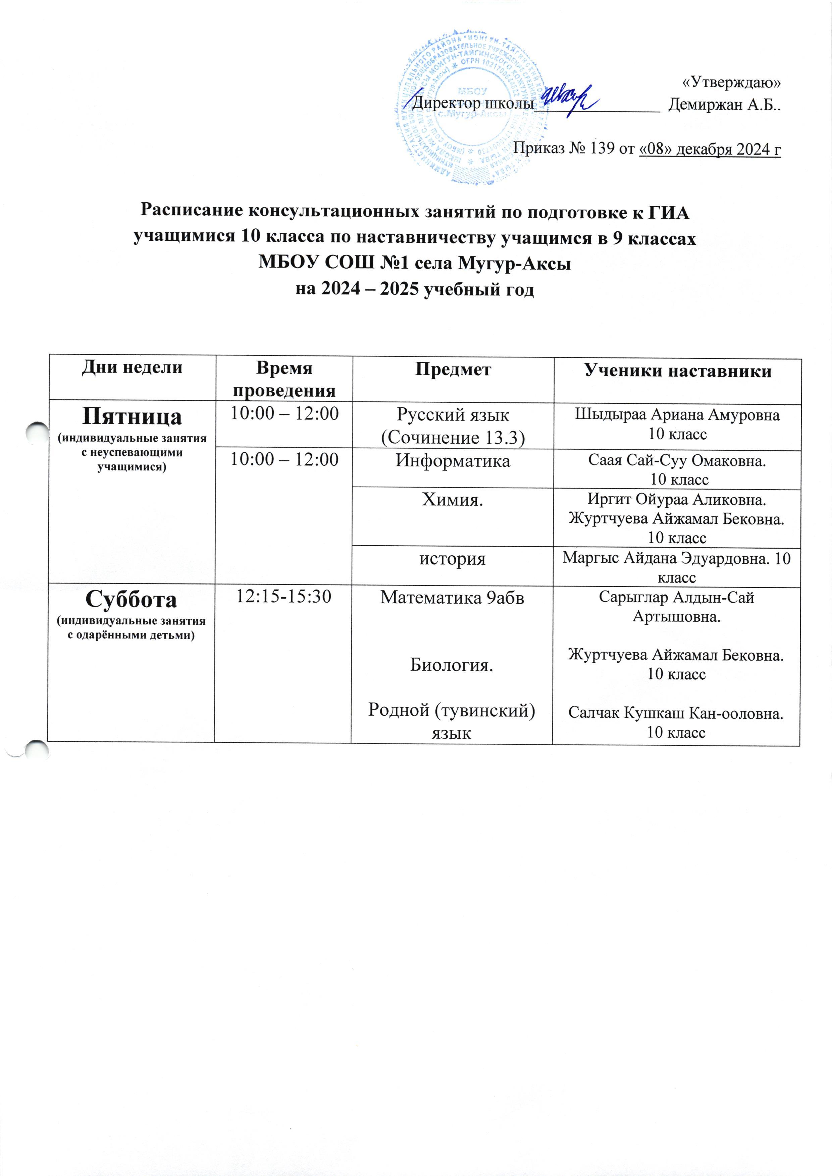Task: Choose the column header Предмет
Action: click(453, 370)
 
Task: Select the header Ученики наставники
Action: click(678, 371)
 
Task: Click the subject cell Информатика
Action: click(453, 461)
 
